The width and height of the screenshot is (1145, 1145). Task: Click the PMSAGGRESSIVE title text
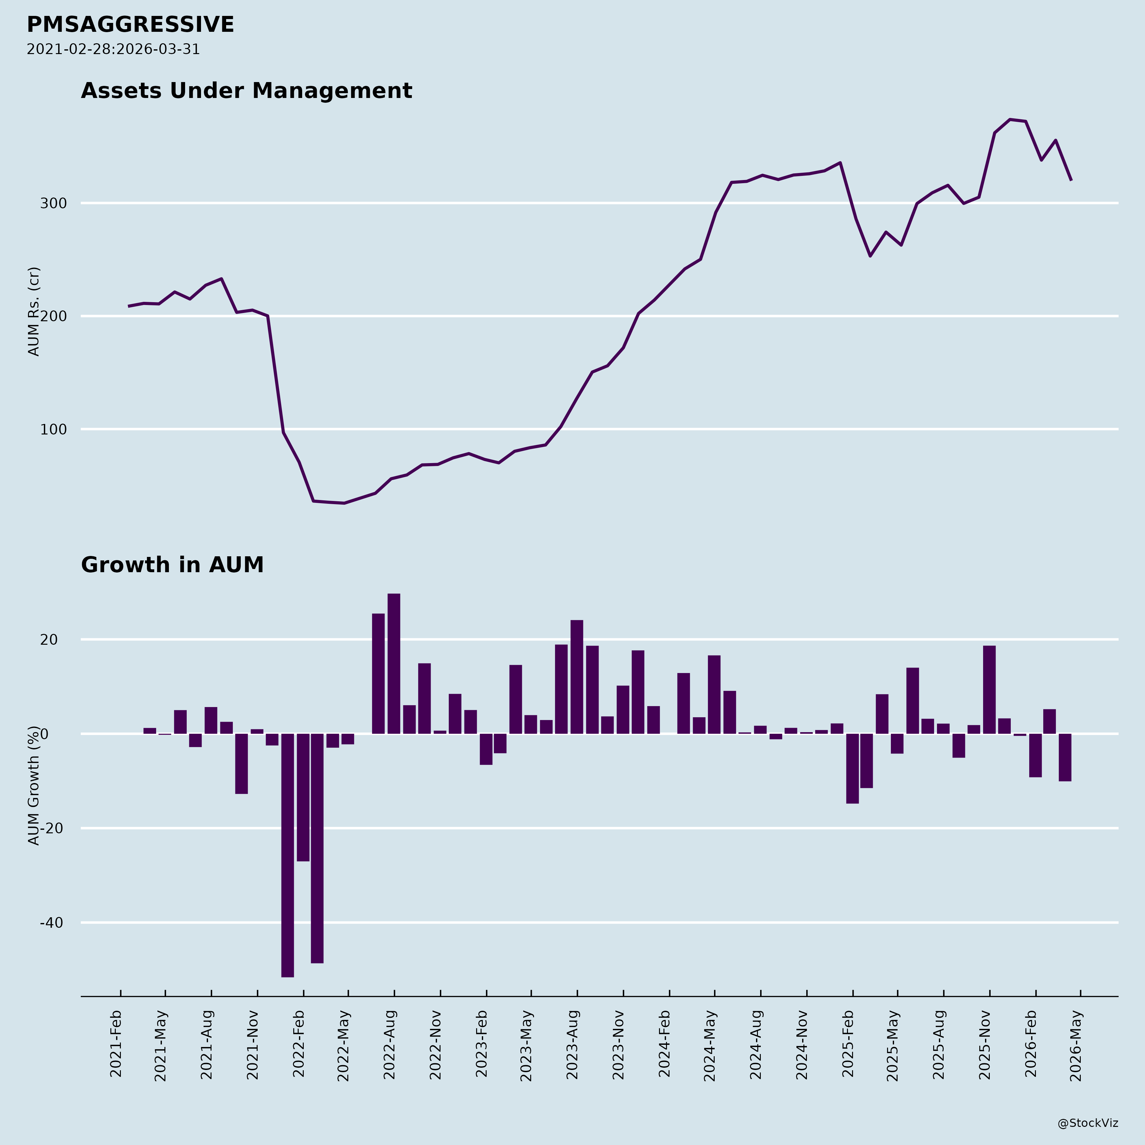pos(130,25)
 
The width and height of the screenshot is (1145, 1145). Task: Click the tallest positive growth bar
pos(393,664)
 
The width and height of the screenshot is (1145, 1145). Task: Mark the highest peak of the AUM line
pos(1010,120)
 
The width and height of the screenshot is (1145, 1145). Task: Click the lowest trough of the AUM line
pos(344,503)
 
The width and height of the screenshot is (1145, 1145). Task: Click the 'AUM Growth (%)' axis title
pos(34,786)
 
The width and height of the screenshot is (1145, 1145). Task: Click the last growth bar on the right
pos(1065,757)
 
